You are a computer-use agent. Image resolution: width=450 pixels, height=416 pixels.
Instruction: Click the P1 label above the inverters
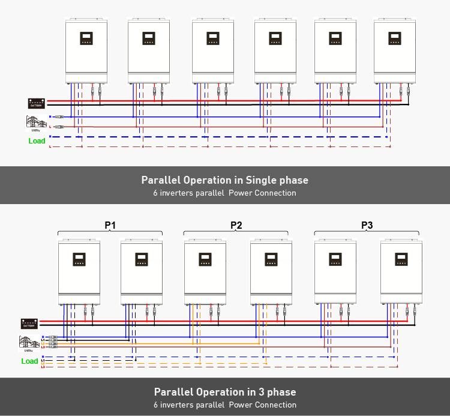click(110, 225)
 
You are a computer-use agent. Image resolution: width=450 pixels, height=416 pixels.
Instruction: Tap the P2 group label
click(236, 225)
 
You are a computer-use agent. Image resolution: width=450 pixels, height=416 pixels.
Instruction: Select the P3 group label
click(367, 225)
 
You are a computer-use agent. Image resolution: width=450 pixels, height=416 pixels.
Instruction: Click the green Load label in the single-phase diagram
click(37, 141)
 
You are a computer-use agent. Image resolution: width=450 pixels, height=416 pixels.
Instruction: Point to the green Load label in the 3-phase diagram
click(29, 361)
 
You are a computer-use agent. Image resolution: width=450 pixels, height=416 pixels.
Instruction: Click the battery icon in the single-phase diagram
click(36, 103)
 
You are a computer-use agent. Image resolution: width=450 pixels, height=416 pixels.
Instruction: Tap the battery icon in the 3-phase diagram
click(29, 323)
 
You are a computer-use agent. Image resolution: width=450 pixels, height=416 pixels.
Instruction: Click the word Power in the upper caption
click(242, 193)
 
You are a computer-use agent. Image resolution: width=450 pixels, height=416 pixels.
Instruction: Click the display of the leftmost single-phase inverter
click(86, 38)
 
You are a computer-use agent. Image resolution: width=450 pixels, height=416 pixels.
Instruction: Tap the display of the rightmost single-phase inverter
click(394, 38)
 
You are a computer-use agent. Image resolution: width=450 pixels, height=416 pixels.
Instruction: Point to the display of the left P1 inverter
click(79, 259)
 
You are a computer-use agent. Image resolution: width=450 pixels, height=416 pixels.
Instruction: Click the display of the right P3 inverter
click(401, 259)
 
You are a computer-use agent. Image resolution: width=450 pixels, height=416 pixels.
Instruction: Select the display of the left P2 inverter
click(205, 259)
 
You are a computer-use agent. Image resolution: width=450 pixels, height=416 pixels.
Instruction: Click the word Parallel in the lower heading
click(174, 392)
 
